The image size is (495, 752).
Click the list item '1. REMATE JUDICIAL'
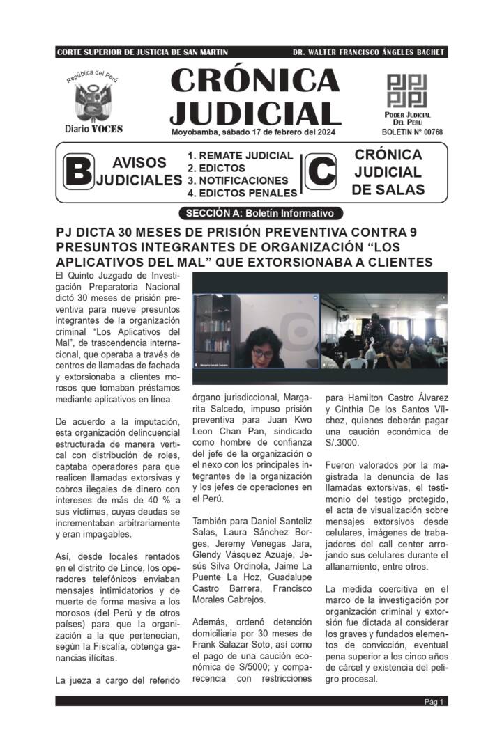pos(240,156)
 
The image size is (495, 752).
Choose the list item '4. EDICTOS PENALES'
pos(242,193)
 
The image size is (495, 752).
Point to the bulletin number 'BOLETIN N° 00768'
pos(412,132)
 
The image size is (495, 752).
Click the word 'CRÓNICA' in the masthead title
pos(255,81)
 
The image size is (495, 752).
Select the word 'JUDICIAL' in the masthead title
pos(255,113)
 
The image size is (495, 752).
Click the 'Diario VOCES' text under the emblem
pos(93,129)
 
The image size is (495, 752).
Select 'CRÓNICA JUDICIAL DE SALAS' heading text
pos(388,172)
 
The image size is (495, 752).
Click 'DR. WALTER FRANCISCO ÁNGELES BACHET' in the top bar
pos(369,52)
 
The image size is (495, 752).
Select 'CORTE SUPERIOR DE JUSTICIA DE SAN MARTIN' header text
pos(142,52)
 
